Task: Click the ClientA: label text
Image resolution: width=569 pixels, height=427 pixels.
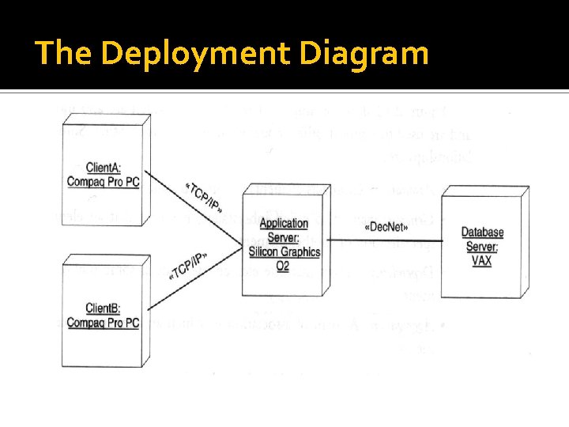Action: click(104, 168)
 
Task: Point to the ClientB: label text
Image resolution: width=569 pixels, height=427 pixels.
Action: click(103, 308)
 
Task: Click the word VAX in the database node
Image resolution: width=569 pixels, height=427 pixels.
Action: click(481, 260)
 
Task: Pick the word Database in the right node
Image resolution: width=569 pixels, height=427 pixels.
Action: click(482, 232)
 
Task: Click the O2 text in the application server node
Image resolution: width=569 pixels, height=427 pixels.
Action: click(282, 266)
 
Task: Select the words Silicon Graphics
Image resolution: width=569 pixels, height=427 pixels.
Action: click(284, 251)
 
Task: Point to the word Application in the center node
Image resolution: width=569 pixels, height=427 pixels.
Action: click(284, 224)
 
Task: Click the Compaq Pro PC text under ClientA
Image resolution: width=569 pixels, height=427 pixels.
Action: click(104, 182)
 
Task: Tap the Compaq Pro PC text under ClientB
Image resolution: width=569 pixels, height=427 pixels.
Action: click(103, 323)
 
